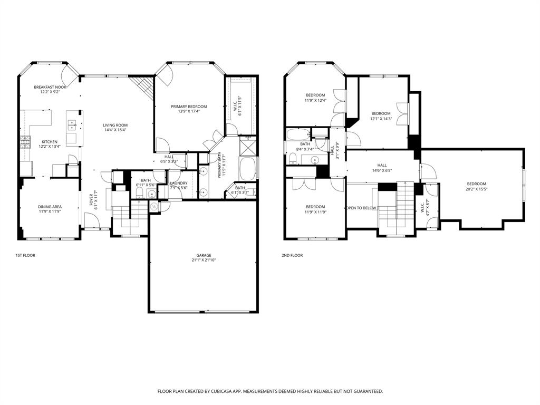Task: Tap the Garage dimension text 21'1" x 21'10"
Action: click(x=204, y=260)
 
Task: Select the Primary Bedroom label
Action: click(x=189, y=107)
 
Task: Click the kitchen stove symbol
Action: click(x=25, y=141)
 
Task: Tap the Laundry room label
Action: click(x=179, y=183)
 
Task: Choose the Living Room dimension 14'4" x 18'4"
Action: click(x=114, y=130)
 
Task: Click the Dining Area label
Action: click(x=50, y=207)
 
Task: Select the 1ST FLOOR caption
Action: click(x=25, y=255)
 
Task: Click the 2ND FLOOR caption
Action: click(x=292, y=255)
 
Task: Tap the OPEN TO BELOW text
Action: click(x=361, y=208)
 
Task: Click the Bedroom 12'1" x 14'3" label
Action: click(x=381, y=113)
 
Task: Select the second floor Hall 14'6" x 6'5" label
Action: click(x=382, y=165)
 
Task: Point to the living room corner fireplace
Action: click(x=143, y=85)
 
